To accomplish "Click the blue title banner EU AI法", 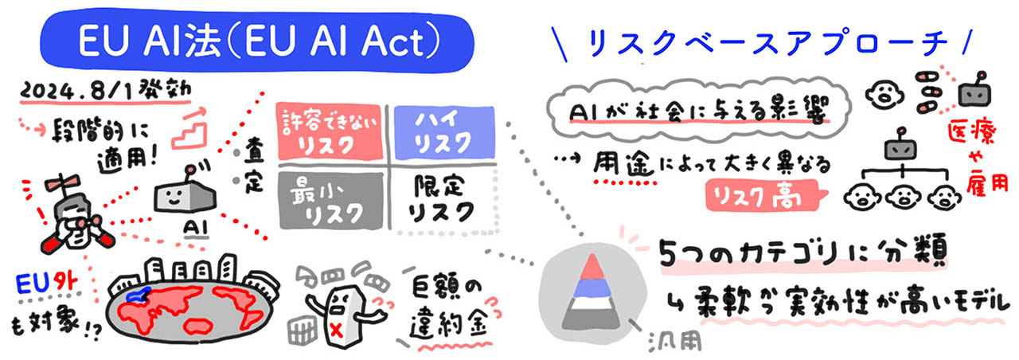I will click(256, 41).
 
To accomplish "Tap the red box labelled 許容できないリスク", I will click(326, 132).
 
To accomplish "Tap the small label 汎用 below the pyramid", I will click(677, 342).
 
